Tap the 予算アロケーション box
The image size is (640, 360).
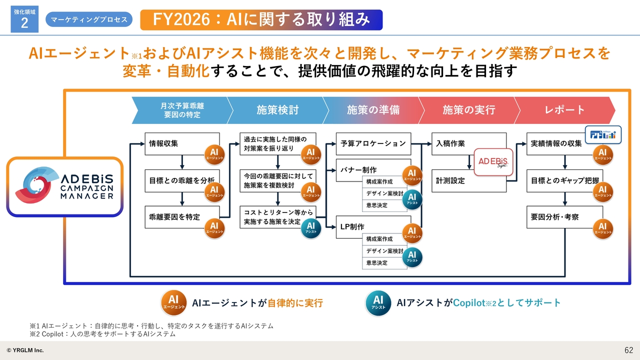[x=373, y=143]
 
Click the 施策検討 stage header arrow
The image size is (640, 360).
[x=277, y=110]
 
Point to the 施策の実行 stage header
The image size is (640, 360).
[x=468, y=110]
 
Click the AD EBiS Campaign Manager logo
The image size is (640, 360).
[x=65, y=187]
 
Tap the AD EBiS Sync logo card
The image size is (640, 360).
[x=493, y=161]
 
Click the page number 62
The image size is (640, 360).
[x=628, y=350]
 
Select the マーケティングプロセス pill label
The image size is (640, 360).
[x=89, y=19]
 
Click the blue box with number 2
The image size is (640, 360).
[x=24, y=20]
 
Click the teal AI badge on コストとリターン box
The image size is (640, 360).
[x=311, y=228]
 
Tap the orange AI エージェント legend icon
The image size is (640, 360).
[x=173, y=302]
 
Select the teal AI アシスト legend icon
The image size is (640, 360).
[x=378, y=302]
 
